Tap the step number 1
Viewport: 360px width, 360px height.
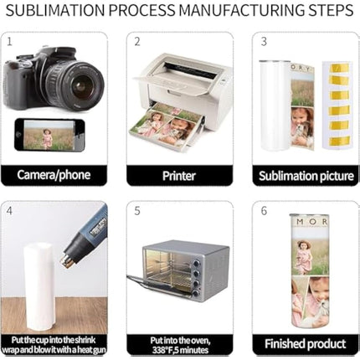(10, 42)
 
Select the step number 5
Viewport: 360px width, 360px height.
(137, 211)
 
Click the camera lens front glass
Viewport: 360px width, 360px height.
(81, 84)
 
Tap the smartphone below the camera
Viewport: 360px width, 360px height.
(49, 135)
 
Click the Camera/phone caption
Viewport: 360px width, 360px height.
(54, 175)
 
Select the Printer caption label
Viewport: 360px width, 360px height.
(179, 176)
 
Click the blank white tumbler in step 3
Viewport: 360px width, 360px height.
(275, 105)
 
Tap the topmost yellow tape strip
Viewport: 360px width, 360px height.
(338, 67)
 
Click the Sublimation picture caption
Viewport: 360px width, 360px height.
(306, 176)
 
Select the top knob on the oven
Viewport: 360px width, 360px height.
(197, 264)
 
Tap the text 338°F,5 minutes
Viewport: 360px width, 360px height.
(180, 350)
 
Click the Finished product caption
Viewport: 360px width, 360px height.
(306, 344)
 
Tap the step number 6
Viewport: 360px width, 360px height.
(264, 211)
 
